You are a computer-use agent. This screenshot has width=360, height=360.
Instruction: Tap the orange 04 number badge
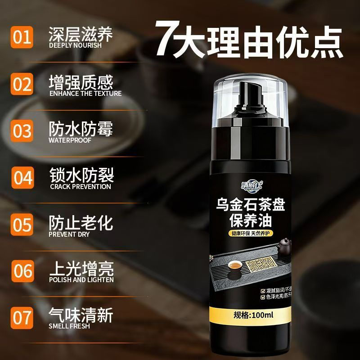click(x=22, y=177)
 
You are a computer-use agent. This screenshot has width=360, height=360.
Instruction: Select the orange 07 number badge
click(x=22, y=317)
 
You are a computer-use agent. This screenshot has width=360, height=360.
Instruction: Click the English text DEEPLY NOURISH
click(x=75, y=45)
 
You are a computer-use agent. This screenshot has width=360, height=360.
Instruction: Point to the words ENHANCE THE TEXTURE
click(x=85, y=94)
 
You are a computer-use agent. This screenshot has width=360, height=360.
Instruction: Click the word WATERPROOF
click(x=70, y=140)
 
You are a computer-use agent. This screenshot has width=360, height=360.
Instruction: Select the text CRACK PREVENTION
click(x=80, y=186)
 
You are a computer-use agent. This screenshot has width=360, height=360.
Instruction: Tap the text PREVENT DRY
click(x=69, y=234)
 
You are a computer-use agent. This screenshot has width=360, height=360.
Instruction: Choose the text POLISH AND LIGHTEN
click(x=81, y=280)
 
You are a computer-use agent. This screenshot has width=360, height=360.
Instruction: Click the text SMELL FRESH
click(x=69, y=326)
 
